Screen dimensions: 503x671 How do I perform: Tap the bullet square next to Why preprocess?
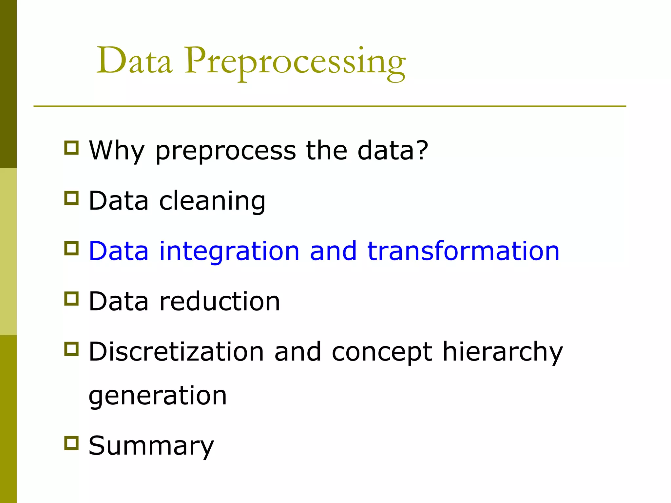[71, 148]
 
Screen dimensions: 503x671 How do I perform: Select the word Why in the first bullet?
[116, 151]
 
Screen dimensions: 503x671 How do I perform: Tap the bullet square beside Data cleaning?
[71, 198]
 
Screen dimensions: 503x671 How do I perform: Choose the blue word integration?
[229, 251]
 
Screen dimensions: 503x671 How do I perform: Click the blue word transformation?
[463, 251]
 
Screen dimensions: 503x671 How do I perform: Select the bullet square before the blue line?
[71, 248]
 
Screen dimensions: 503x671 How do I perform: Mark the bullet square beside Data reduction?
[71, 299]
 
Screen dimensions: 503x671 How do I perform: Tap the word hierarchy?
[503, 352]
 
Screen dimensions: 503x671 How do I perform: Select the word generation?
[158, 396]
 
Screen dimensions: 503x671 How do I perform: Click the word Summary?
[151, 446]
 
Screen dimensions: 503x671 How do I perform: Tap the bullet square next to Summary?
[71, 443]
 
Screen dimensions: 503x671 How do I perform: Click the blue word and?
[333, 251]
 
